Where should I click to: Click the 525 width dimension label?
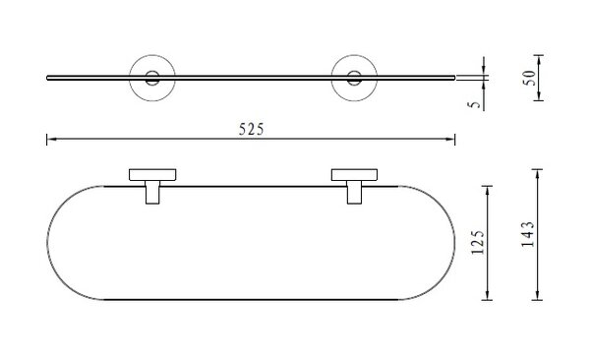click(x=252, y=129)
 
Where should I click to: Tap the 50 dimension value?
click(x=529, y=78)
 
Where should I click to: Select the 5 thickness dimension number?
click(x=475, y=104)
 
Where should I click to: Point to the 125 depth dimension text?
click(x=478, y=242)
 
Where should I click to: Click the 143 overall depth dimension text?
click(x=527, y=234)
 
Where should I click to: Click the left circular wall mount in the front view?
click(x=152, y=56)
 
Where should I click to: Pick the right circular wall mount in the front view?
click(x=354, y=56)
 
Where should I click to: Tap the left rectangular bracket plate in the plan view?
click(x=152, y=175)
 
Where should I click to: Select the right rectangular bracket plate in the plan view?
click(x=354, y=175)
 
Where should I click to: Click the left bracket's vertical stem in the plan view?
click(x=152, y=193)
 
